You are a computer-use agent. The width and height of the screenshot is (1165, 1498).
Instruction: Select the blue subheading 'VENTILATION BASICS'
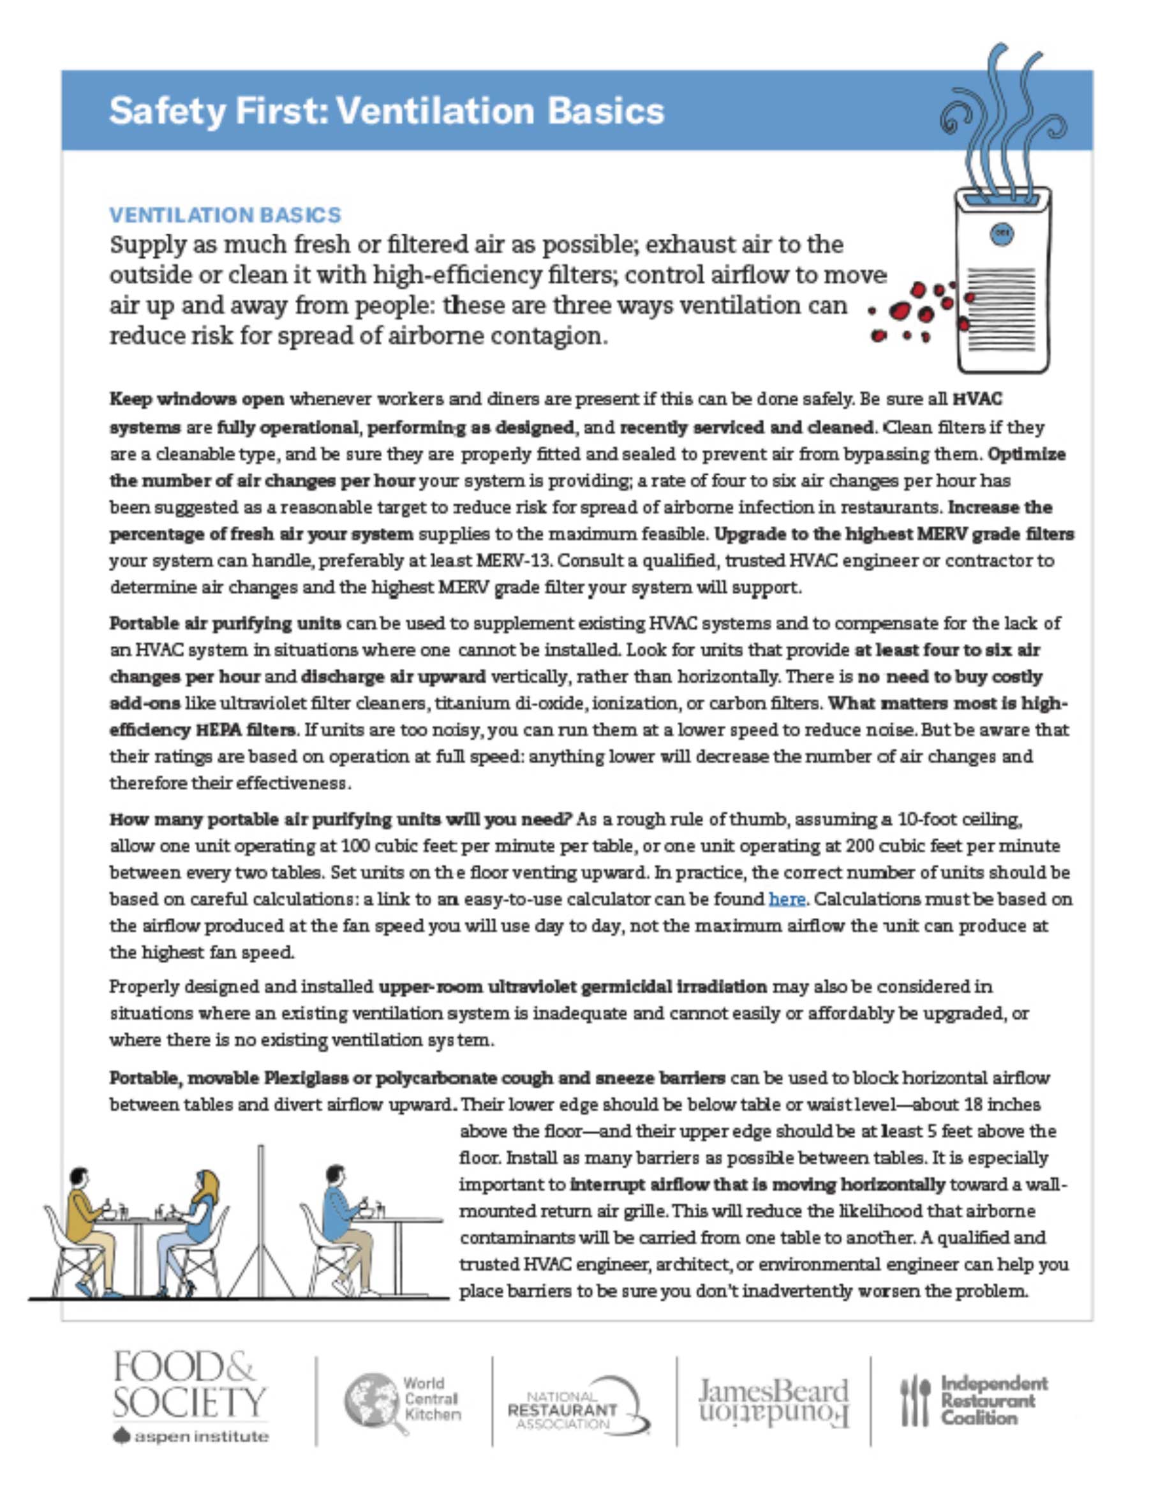pos(225,215)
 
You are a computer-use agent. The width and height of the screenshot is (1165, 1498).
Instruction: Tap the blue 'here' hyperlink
pos(787,899)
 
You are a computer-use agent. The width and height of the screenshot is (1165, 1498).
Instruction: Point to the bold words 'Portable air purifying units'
pos(225,624)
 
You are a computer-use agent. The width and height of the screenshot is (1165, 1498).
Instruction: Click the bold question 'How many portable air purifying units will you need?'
pos(341,820)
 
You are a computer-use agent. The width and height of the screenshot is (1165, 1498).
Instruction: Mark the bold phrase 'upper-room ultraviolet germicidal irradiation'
pos(572,987)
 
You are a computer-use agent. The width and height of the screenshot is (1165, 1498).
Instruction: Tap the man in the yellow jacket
pos(88,1214)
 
